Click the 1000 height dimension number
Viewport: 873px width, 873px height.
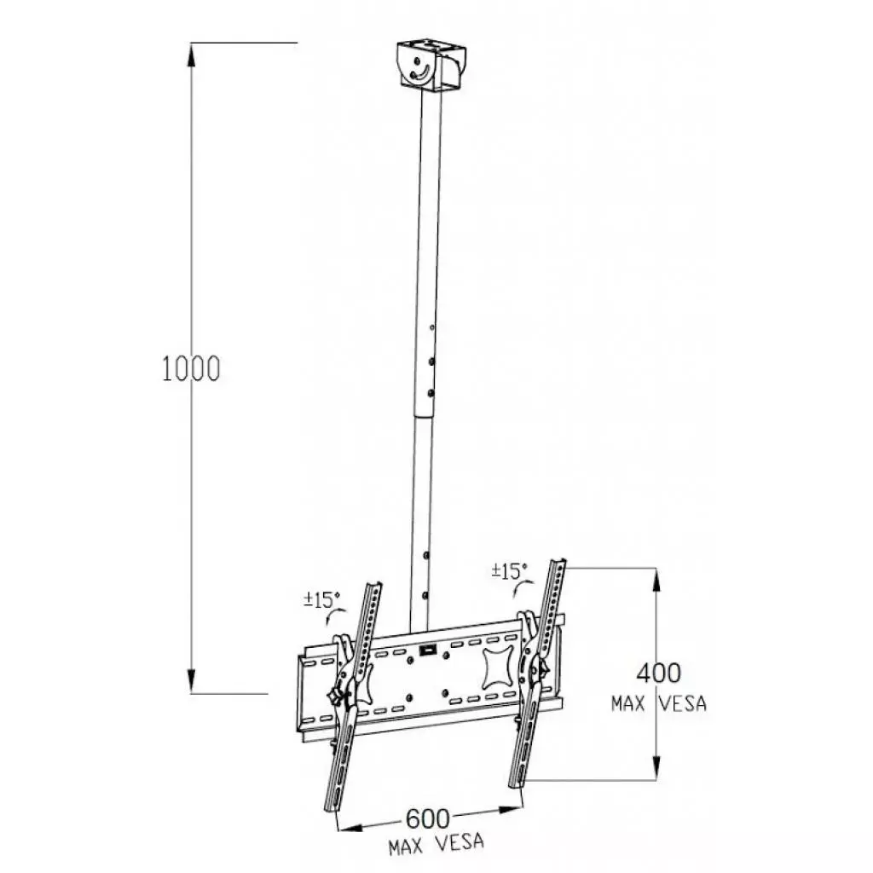tap(191, 367)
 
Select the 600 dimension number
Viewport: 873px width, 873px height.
tap(426, 818)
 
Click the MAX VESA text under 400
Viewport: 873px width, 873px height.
tap(659, 705)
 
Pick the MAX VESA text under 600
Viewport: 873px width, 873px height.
tap(436, 845)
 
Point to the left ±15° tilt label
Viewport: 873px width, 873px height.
tap(321, 599)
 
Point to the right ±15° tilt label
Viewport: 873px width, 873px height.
tap(509, 570)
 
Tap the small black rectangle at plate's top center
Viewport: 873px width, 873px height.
tap(426, 652)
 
